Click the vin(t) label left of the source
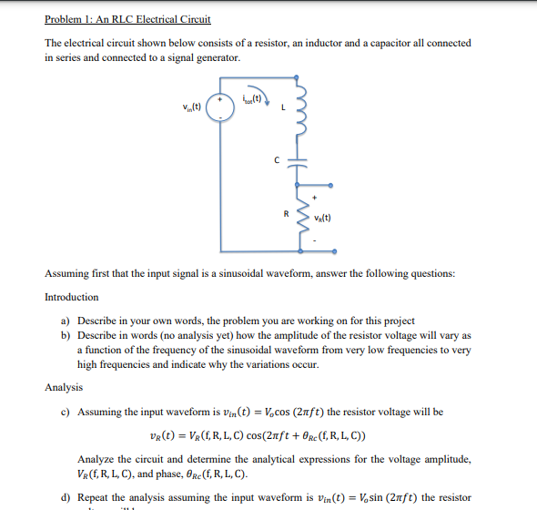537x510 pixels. point(192,105)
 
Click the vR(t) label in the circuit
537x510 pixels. point(323,219)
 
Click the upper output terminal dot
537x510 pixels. point(330,185)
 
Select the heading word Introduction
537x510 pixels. point(72,297)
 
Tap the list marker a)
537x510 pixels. point(66,321)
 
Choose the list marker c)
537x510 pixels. point(66,412)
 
